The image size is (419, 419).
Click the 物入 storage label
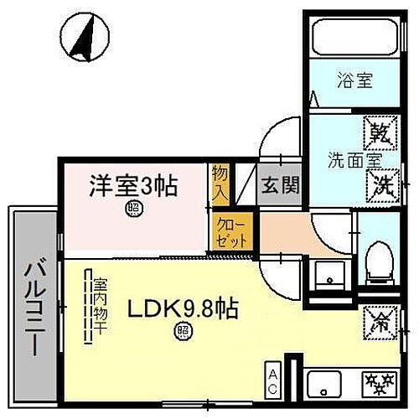click(219, 182)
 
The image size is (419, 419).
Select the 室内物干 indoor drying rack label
click(100, 307)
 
